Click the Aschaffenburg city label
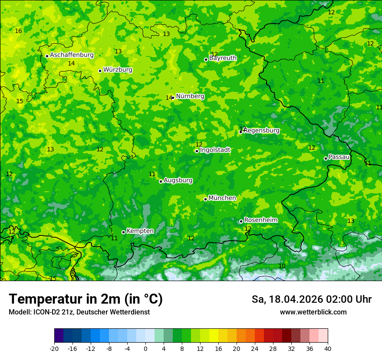click(72, 55)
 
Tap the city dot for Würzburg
click(100, 71)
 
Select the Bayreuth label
click(223, 58)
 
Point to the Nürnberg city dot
click(173, 98)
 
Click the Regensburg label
click(261, 131)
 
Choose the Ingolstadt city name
click(215, 150)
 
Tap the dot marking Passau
click(326, 158)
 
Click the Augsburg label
click(178, 180)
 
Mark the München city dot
click(205, 199)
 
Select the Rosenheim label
click(261, 220)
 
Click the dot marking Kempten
click(123, 232)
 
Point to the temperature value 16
click(18, 31)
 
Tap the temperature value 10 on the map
click(282, 266)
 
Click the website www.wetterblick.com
click(313, 312)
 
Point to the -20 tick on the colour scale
click(54, 349)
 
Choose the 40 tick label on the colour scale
click(328, 349)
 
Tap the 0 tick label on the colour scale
click(145, 349)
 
